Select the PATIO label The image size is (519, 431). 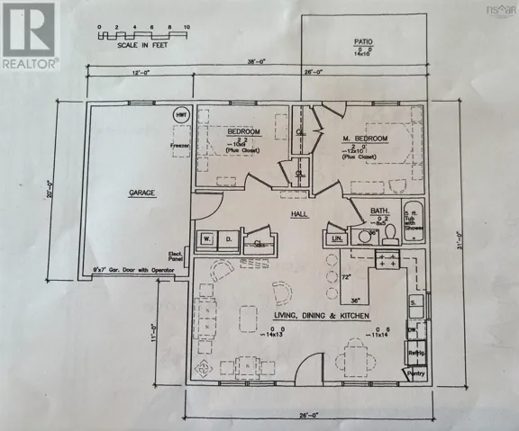click(365, 40)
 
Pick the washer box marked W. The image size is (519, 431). click(205, 238)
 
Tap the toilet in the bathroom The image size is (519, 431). click(389, 235)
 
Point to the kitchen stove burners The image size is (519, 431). click(387, 261)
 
